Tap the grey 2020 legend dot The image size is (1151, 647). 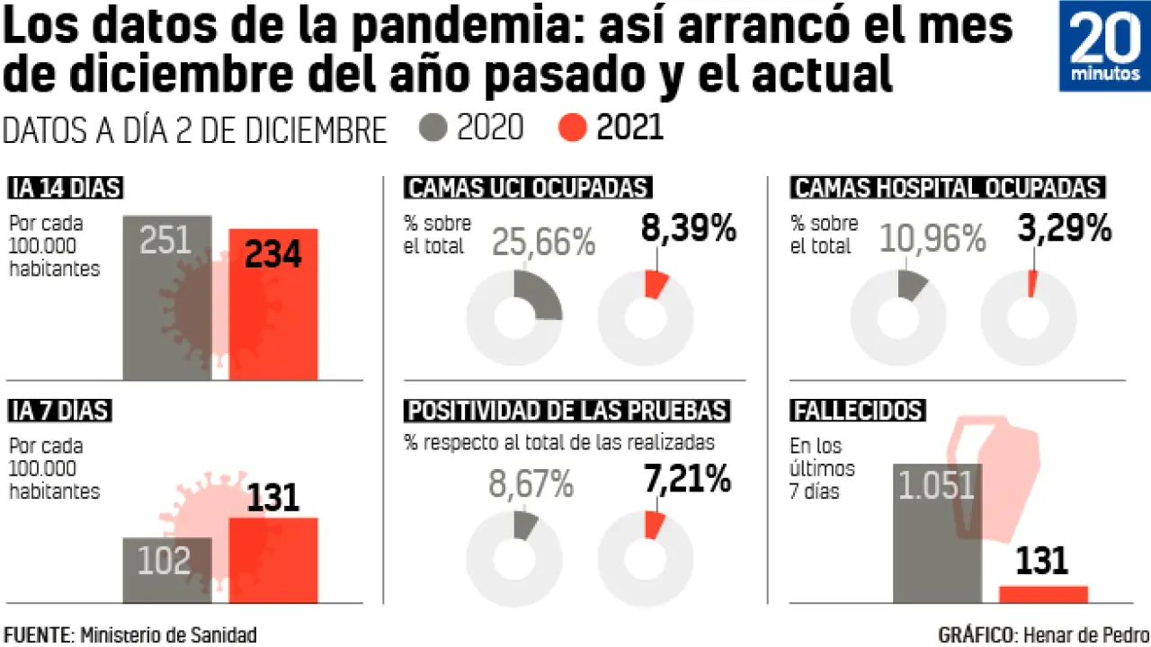pyautogui.click(x=433, y=129)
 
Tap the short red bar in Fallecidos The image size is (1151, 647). pyautogui.click(x=1043, y=594)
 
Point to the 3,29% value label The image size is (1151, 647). pyautogui.click(x=1066, y=230)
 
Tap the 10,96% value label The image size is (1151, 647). pyautogui.click(x=933, y=238)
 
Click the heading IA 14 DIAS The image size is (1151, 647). pyautogui.click(x=65, y=188)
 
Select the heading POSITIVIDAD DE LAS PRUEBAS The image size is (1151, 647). pyautogui.click(x=567, y=411)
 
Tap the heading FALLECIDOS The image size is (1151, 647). pyautogui.click(x=858, y=411)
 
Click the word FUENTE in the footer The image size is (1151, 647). pyautogui.click(x=37, y=635)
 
